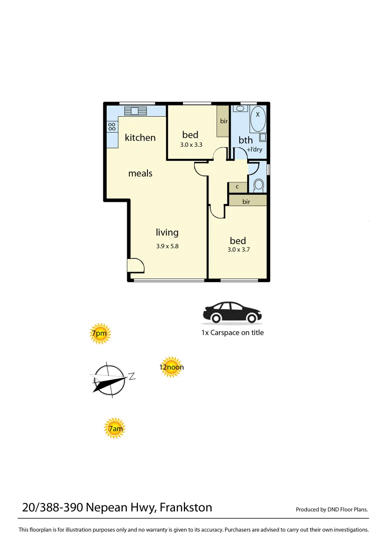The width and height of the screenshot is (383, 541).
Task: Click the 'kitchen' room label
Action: [140, 137]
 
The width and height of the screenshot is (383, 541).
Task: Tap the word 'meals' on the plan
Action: [140, 173]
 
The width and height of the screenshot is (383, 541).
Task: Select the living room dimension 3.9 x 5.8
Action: [167, 246]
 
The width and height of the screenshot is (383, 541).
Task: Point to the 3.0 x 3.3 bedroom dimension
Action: [191, 145]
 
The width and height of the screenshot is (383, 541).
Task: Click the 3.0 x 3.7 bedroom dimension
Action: [238, 249]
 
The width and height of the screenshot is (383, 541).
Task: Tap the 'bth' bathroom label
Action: [246, 140]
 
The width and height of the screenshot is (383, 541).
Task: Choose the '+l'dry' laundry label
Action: [255, 149]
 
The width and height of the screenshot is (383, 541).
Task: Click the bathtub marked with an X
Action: [258, 119]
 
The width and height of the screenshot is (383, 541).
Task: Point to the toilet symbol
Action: [259, 185]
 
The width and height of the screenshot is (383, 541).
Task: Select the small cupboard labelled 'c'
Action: [237, 187]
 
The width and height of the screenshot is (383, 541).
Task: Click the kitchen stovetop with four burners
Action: [112, 127]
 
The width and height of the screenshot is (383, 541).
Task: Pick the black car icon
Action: [232, 313]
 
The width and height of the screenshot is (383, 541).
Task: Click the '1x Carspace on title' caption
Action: [232, 333]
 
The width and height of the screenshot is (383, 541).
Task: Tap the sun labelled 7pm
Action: [100, 334]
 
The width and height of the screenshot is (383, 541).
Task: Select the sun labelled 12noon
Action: [171, 367]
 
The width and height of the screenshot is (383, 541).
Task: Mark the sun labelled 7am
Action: [115, 429]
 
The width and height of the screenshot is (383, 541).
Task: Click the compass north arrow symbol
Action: [109, 380]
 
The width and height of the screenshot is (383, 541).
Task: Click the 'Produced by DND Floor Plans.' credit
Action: [332, 509]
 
